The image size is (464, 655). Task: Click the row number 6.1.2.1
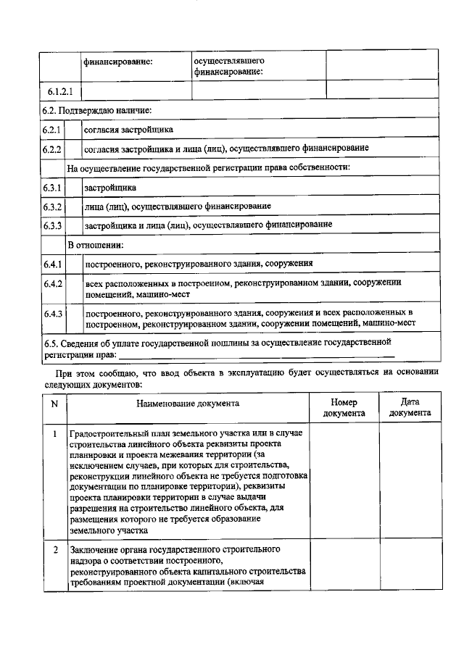click(x=61, y=91)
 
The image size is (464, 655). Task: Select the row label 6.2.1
click(x=52, y=129)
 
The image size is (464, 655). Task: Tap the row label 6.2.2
click(x=52, y=149)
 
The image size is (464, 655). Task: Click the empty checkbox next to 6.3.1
click(x=73, y=187)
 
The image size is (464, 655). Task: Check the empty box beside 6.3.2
click(x=73, y=206)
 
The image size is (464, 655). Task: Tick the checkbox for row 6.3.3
click(x=73, y=225)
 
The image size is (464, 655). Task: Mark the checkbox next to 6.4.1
click(x=73, y=264)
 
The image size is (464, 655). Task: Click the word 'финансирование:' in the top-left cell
click(x=117, y=62)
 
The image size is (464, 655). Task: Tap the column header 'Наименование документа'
click(x=187, y=404)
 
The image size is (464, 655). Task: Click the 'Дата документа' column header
click(x=410, y=408)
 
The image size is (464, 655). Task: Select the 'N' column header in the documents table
click(x=54, y=404)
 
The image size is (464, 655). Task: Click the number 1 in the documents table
click(x=54, y=433)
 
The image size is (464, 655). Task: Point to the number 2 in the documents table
click(x=54, y=550)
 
